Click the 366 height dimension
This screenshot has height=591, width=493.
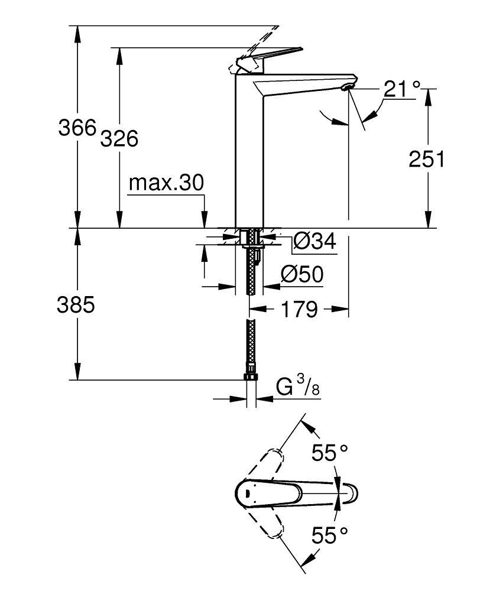pos(77,128)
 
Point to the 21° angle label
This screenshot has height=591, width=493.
pos(401,89)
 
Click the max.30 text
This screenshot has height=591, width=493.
pos(166,183)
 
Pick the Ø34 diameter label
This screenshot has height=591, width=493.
pos(314,241)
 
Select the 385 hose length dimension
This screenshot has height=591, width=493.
pos(76,305)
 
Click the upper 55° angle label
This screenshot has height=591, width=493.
pos(329,453)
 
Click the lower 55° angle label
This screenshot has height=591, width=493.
pos(329,536)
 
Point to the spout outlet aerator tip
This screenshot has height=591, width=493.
pos(346,87)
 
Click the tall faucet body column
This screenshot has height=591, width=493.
pos(249,154)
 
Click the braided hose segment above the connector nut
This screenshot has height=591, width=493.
pos(251,346)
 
